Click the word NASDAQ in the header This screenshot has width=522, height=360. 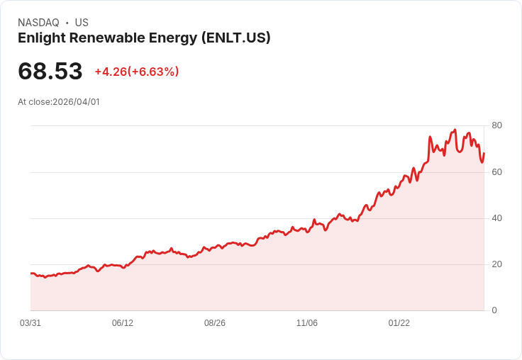coord(38,23)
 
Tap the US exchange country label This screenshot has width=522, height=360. coord(82,23)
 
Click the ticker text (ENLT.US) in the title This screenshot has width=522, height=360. coord(237,38)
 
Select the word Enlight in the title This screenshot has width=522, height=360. coord(40,38)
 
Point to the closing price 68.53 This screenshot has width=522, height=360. coord(50,71)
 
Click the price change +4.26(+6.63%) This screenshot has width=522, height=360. coord(136,72)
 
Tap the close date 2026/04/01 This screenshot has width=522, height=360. coord(76,102)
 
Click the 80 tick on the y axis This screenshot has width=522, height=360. coord(496,125)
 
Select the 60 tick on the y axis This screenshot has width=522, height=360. coord(496,172)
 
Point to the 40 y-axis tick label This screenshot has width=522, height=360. coord(496,218)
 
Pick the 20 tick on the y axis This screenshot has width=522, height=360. coord(496,264)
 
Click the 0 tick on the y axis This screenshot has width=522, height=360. coord(494,310)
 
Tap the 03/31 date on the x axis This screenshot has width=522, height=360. coord(30,323)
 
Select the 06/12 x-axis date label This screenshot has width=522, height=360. coord(123,323)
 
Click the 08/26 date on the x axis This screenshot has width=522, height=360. coord(215,323)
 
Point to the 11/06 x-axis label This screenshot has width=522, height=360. coord(307,323)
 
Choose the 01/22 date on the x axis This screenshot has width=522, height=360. coord(399,323)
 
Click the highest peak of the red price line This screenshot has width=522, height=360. coord(455,130)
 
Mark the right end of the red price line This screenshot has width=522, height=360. coord(484,153)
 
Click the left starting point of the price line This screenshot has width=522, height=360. coord(30,273)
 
